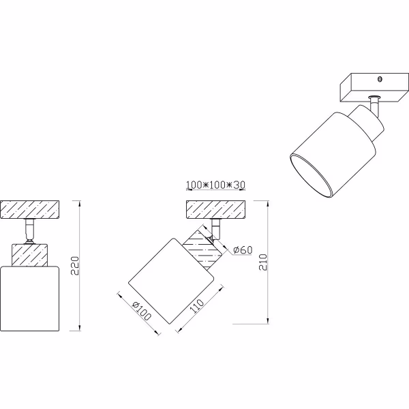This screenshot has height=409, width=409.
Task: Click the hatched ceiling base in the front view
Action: coord(30,210)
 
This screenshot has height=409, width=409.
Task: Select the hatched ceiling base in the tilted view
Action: coord(214,210)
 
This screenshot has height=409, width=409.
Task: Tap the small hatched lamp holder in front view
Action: coord(30,256)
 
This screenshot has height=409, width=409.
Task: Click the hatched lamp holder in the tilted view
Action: coord(204,246)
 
